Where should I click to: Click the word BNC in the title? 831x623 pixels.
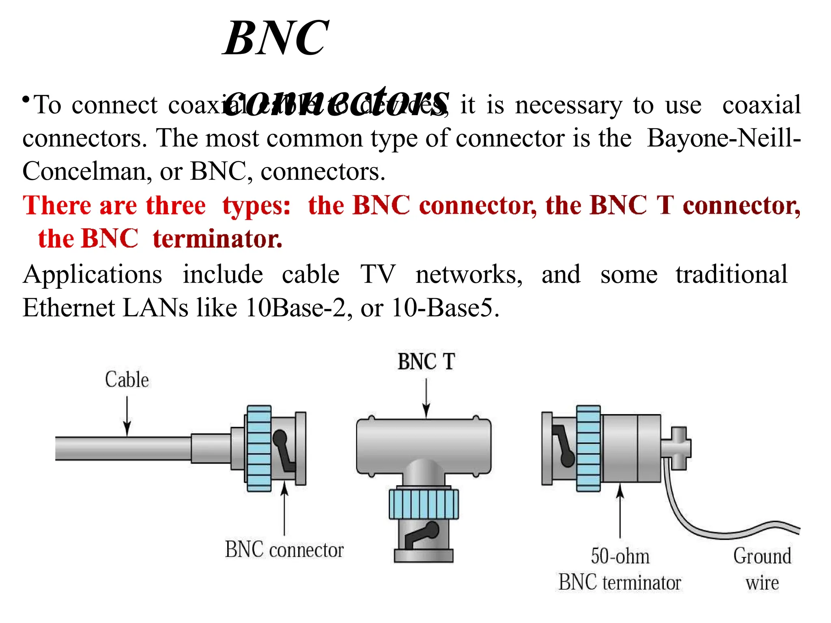pyautogui.click(x=276, y=39)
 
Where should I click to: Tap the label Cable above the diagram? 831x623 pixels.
pyautogui.click(x=127, y=380)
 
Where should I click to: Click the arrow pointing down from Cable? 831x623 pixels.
pyautogui.click(x=127, y=416)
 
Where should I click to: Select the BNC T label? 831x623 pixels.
pyautogui.click(x=426, y=361)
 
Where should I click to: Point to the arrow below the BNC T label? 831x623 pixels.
pyautogui.click(x=426, y=397)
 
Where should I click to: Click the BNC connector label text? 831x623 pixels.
pyautogui.click(x=284, y=550)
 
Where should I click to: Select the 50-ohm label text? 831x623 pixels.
pyautogui.click(x=620, y=556)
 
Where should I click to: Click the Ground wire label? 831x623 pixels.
pyautogui.click(x=762, y=569)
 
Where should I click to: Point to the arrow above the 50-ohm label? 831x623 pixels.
pyautogui.click(x=620, y=511)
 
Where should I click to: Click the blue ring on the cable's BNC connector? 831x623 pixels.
pyautogui.click(x=258, y=448)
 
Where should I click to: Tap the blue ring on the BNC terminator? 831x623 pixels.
pyautogui.click(x=588, y=448)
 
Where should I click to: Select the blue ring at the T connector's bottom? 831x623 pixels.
pyautogui.click(x=424, y=504)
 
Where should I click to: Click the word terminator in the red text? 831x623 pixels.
pyautogui.click(x=217, y=238)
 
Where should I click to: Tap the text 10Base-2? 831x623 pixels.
pyautogui.click(x=296, y=307)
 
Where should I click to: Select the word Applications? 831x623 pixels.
pyautogui.click(x=93, y=275)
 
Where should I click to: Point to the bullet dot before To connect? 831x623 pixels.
pyautogui.click(x=26, y=99)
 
